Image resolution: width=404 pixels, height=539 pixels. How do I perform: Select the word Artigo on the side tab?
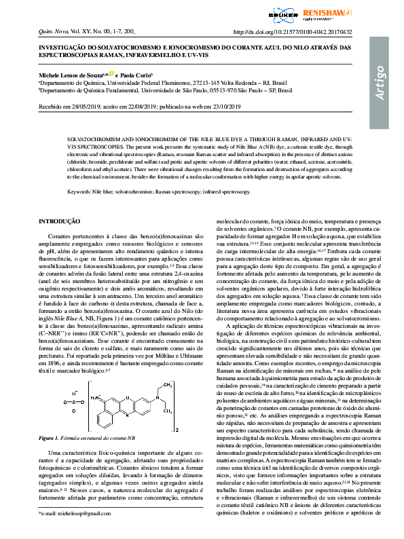click(x=381, y=84)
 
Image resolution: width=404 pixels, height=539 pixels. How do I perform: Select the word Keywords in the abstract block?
click(x=79, y=192)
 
